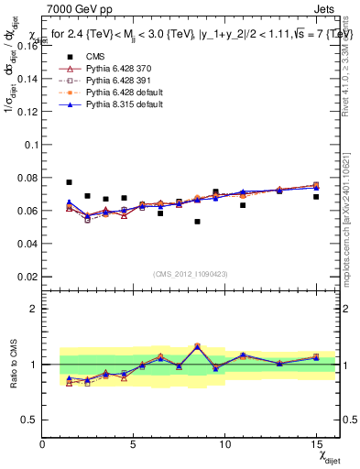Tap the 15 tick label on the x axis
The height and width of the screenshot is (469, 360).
[x=315, y=444]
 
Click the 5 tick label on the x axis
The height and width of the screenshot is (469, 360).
[x=134, y=444]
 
